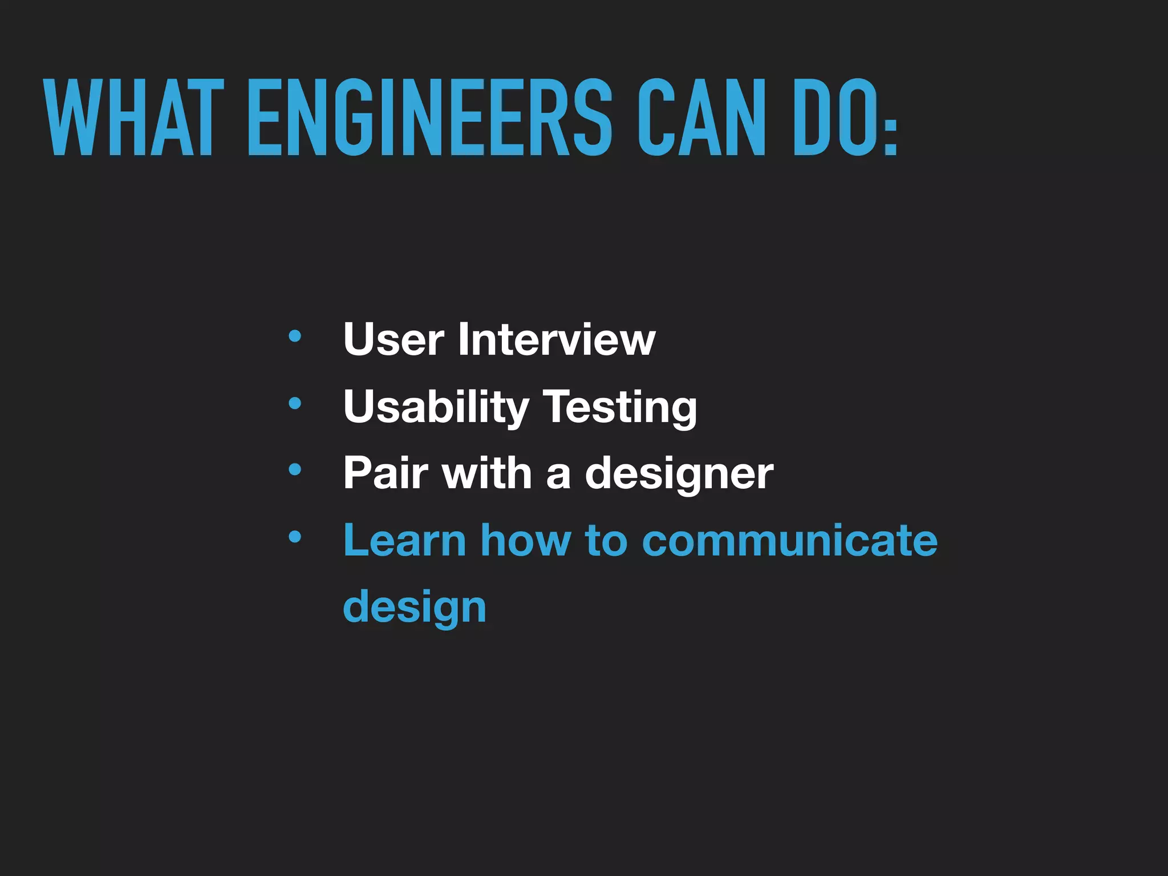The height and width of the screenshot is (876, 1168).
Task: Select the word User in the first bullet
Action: (394, 339)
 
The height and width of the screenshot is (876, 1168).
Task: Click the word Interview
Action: (557, 339)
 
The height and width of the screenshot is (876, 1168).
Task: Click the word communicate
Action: (790, 540)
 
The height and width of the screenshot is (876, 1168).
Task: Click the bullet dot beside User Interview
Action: (295, 336)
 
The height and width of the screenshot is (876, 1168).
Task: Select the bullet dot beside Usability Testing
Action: (295, 404)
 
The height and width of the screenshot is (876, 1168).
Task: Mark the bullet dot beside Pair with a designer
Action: (295, 470)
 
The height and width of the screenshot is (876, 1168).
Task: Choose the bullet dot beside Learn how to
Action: (295, 537)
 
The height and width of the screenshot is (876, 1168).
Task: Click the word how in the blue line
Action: (525, 540)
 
